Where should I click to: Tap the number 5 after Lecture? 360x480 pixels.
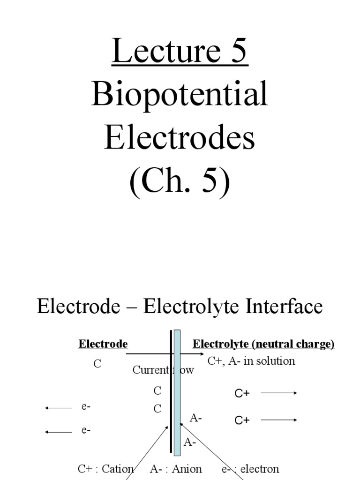[x=237, y=52]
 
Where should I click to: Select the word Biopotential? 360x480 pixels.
[x=180, y=95]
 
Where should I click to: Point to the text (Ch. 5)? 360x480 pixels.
[x=180, y=180]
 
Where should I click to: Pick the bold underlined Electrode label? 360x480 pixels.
[x=103, y=345]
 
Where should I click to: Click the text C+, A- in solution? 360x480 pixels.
[x=251, y=361]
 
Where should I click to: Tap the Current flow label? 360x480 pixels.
[x=163, y=370]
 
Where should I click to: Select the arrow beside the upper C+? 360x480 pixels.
[x=279, y=393]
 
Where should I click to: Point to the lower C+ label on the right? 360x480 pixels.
[x=242, y=420]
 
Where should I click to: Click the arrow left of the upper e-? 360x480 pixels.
[x=59, y=408]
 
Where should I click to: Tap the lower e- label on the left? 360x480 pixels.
[x=86, y=430]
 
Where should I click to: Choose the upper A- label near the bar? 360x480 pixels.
[x=196, y=418]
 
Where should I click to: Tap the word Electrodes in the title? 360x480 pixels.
[x=180, y=138]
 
